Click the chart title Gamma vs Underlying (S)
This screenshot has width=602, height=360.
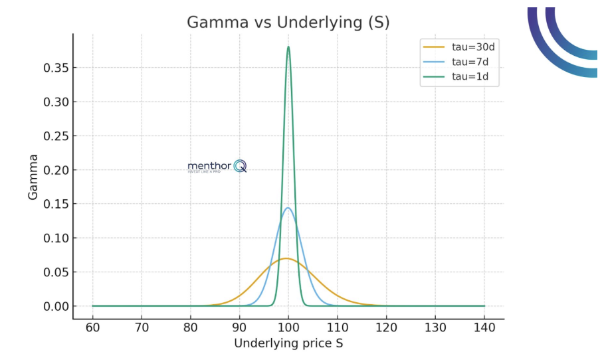click(x=288, y=22)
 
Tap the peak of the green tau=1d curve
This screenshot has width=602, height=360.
click(x=288, y=46)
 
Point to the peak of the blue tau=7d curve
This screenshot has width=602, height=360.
click(x=288, y=208)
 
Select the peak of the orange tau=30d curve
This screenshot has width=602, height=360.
click(x=286, y=258)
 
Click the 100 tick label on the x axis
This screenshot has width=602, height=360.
click(x=288, y=328)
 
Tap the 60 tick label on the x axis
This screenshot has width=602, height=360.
click(x=92, y=328)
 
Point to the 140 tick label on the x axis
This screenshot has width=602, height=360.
click(x=484, y=328)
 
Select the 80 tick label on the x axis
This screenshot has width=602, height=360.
click(x=191, y=328)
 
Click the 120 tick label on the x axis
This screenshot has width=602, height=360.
click(x=386, y=328)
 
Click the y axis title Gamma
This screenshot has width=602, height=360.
click(x=33, y=177)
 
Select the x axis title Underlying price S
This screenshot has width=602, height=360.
click(x=288, y=343)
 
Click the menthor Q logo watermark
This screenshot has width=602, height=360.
click(x=217, y=166)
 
